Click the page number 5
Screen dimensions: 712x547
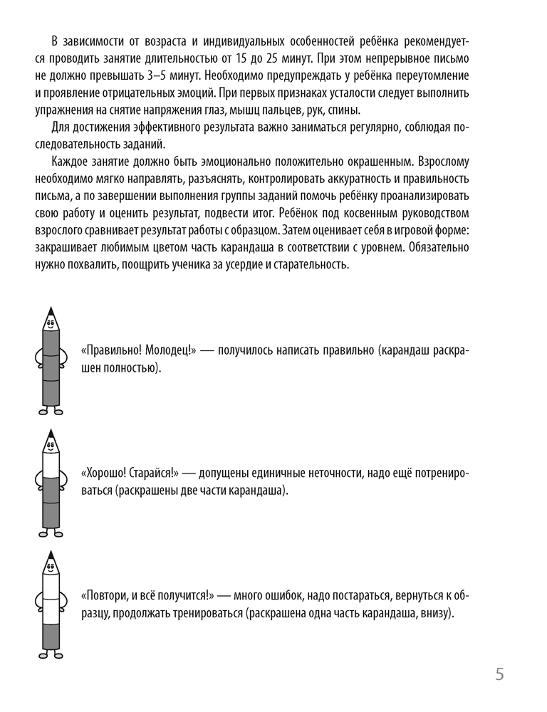tap(499, 674)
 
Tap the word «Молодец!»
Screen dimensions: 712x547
tap(166, 351)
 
